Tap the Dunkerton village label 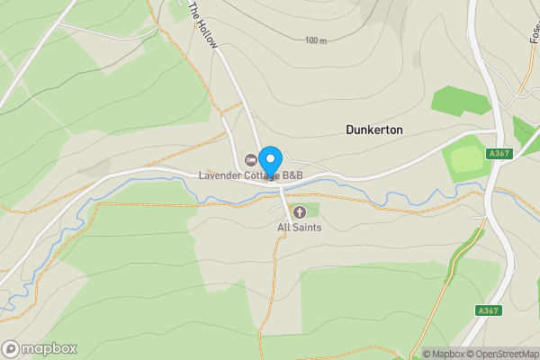[x=374, y=130]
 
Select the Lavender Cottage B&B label [x=254, y=175]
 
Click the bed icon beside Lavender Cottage [x=251, y=160]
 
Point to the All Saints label [x=299, y=228]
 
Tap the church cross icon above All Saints [x=300, y=212]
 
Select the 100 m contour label [x=315, y=40]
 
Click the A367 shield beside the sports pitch [x=500, y=154]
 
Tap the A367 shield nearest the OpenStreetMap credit [x=488, y=310]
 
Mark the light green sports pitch [x=466, y=161]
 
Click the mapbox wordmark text [x=49, y=349]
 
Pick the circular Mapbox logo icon [x=11, y=349]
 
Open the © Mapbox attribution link [x=445, y=354]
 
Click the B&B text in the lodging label [x=293, y=175]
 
